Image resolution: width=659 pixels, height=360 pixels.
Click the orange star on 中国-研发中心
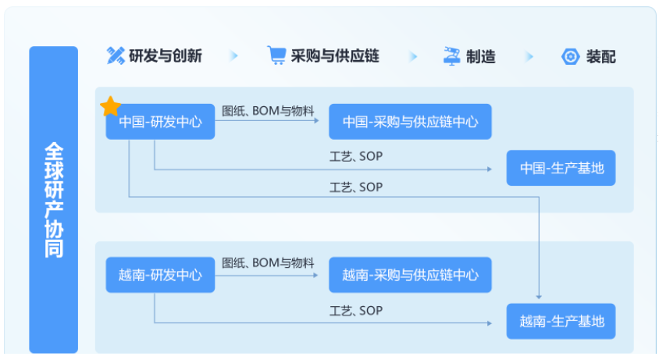coord(111,106)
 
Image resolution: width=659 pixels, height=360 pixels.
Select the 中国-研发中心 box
coord(160,122)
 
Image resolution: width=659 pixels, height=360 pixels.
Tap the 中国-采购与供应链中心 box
coord(410,122)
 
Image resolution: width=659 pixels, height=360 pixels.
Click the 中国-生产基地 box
coord(561,168)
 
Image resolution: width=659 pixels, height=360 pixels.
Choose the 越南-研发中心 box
coord(160,275)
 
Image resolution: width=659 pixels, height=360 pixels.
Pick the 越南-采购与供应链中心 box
coord(410,275)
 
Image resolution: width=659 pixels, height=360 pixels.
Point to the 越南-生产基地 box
coord(561,321)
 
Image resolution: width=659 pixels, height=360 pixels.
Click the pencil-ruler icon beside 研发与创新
coord(116,55)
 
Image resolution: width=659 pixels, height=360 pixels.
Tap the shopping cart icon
coord(276,55)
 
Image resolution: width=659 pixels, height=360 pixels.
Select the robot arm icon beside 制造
coord(452,56)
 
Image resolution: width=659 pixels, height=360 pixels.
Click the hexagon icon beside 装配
coord(570,56)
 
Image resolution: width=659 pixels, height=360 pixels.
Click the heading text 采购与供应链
coord(335,56)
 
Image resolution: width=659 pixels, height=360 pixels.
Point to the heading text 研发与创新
coord(166,56)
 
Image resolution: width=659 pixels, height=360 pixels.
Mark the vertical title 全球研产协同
coord(54,200)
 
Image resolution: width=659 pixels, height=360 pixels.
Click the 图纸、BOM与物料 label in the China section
coord(268,111)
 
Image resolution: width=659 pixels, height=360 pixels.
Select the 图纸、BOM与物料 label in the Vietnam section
coord(268,263)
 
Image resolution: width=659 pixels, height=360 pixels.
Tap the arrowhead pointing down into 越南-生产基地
coord(539,297)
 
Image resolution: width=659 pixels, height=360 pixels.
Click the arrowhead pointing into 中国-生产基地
coord(490,169)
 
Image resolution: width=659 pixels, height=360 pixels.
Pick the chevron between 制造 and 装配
coord(529,56)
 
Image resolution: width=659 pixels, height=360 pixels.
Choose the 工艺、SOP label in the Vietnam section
coord(356,311)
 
